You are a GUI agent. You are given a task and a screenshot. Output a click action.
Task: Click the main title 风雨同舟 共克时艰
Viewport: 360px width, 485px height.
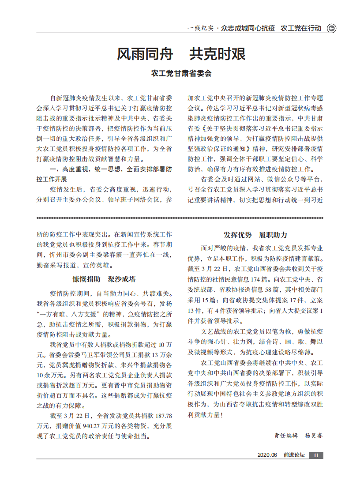click(x=181, y=54)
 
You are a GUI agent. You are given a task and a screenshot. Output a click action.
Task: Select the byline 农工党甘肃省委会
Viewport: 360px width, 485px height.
click(x=181, y=73)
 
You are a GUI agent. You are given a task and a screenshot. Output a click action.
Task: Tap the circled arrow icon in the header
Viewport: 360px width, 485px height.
click(x=331, y=28)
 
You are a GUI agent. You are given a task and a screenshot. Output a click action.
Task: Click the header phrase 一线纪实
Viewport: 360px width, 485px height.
click(x=201, y=28)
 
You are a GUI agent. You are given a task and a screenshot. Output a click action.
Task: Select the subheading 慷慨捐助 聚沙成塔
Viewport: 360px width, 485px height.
click(x=104, y=279)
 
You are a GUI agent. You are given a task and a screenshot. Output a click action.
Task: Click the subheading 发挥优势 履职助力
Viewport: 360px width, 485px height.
click(x=255, y=235)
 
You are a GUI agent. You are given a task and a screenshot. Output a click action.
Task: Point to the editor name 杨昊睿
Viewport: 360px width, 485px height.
click(x=314, y=435)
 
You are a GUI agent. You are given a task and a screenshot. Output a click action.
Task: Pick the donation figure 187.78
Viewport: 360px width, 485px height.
click(x=162, y=416)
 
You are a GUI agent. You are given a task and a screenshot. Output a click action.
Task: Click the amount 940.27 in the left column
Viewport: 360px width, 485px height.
click(x=99, y=426)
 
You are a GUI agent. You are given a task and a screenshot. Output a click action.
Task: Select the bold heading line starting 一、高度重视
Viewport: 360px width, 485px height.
click(x=111, y=169)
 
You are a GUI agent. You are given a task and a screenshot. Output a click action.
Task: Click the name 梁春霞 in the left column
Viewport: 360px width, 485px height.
click(x=112, y=255)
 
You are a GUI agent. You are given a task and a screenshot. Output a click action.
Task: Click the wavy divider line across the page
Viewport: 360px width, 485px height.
click(x=180, y=218)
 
